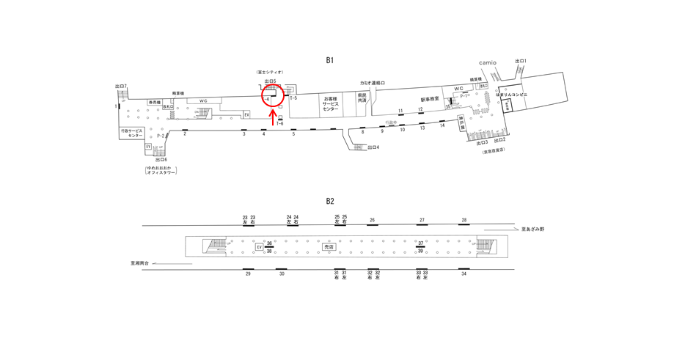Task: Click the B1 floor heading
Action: click(x=330, y=60)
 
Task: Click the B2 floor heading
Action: click(x=330, y=201)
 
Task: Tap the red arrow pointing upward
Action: click(x=274, y=118)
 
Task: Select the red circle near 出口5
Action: click(x=273, y=95)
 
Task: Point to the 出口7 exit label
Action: click(x=121, y=87)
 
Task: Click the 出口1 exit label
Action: click(x=521, y=62)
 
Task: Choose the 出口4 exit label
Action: click(x=373, y=147)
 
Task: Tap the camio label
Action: click(x=488, y=63)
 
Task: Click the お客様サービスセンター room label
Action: click(x=331, y=103)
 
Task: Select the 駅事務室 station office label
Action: click(x=430, y=99)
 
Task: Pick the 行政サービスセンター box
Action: click(x=135, y=133)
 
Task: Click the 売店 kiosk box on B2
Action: click(x=329, y=247)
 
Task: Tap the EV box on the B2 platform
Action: click(x=260, y=247)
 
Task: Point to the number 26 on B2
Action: click(x=373, y=220)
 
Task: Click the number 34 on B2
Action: click(x=464, y=273)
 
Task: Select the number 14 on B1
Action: click(x=442, y=125)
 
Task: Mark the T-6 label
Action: click(x=280, y=124)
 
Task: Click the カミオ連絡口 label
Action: click(x=373, y=84)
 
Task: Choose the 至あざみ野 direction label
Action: click(x=532, y=229)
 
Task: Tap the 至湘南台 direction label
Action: click(x=139, y=262)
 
